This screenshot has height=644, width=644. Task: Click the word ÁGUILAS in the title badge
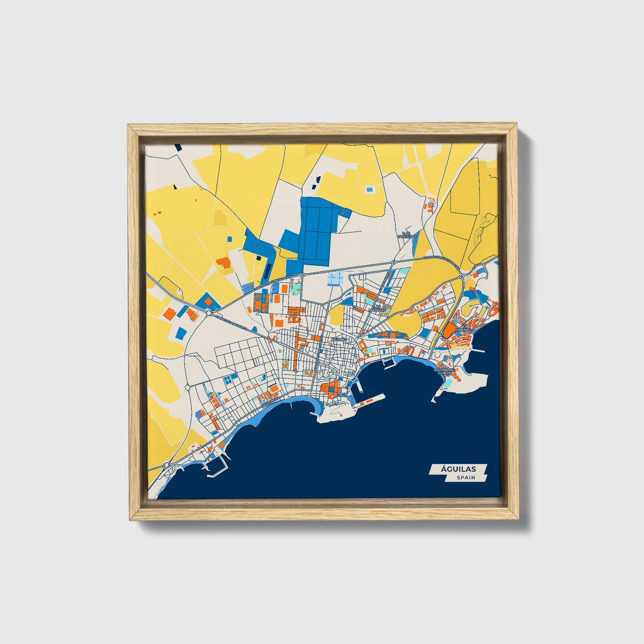pos(458,469)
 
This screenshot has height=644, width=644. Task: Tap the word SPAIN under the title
pos(465,478)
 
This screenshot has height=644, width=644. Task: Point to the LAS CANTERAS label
pos(409,234)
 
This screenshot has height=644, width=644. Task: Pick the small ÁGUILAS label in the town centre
pos(338,340)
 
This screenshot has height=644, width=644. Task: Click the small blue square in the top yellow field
pos(369,189)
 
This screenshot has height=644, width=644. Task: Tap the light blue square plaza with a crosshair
pos(336,278)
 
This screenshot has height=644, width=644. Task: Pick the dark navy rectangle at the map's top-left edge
pos(177,146)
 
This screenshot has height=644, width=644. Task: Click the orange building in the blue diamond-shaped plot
pos(209,302)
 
